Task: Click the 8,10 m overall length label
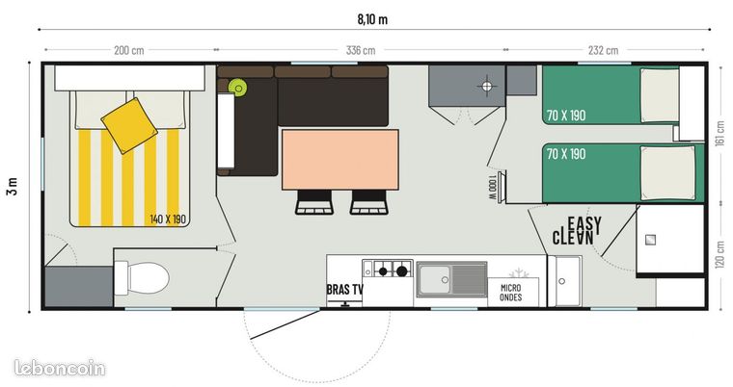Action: click(372, 19)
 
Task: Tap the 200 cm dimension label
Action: click(129, 50)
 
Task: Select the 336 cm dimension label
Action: click(361, 50)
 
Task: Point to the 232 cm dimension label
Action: click(603, 50)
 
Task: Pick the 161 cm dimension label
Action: click(719, 134)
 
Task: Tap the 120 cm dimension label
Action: click(719, 254)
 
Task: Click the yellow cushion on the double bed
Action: click(129, 125)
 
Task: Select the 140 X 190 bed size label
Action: click(168, 219)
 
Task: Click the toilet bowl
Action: click(148, 278)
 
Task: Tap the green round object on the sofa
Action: click(237, 88)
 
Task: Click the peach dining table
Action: click(340, 160)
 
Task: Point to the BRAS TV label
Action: click(345, 290)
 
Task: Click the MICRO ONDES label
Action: click(510, 293)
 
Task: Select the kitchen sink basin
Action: click(434, 279)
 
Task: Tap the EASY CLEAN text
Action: click(578, 231)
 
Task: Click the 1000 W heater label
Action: click(492, 189)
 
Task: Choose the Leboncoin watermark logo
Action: click(60, 368)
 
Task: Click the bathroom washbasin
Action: click(564, 281)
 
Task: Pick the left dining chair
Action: click(314, 201)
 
